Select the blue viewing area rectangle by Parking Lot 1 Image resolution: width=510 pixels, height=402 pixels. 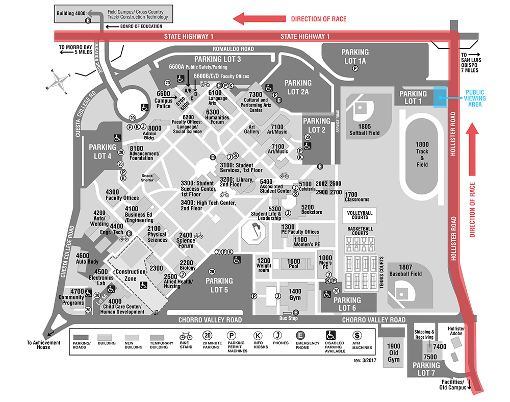coord(440,97)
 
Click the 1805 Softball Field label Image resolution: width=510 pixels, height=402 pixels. coord(364,130)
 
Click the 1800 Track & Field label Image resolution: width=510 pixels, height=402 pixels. coord(422,151)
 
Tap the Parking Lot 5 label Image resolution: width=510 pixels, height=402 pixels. coord(219,285)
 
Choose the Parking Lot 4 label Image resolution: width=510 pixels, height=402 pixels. coord(103,152)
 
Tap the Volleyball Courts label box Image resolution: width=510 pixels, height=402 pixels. coord(360,214)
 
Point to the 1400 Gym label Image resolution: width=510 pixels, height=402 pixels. coord(295,294)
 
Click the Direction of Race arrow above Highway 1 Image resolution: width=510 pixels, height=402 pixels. coord(258,19)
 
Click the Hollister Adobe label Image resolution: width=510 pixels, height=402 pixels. coord(456,332)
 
